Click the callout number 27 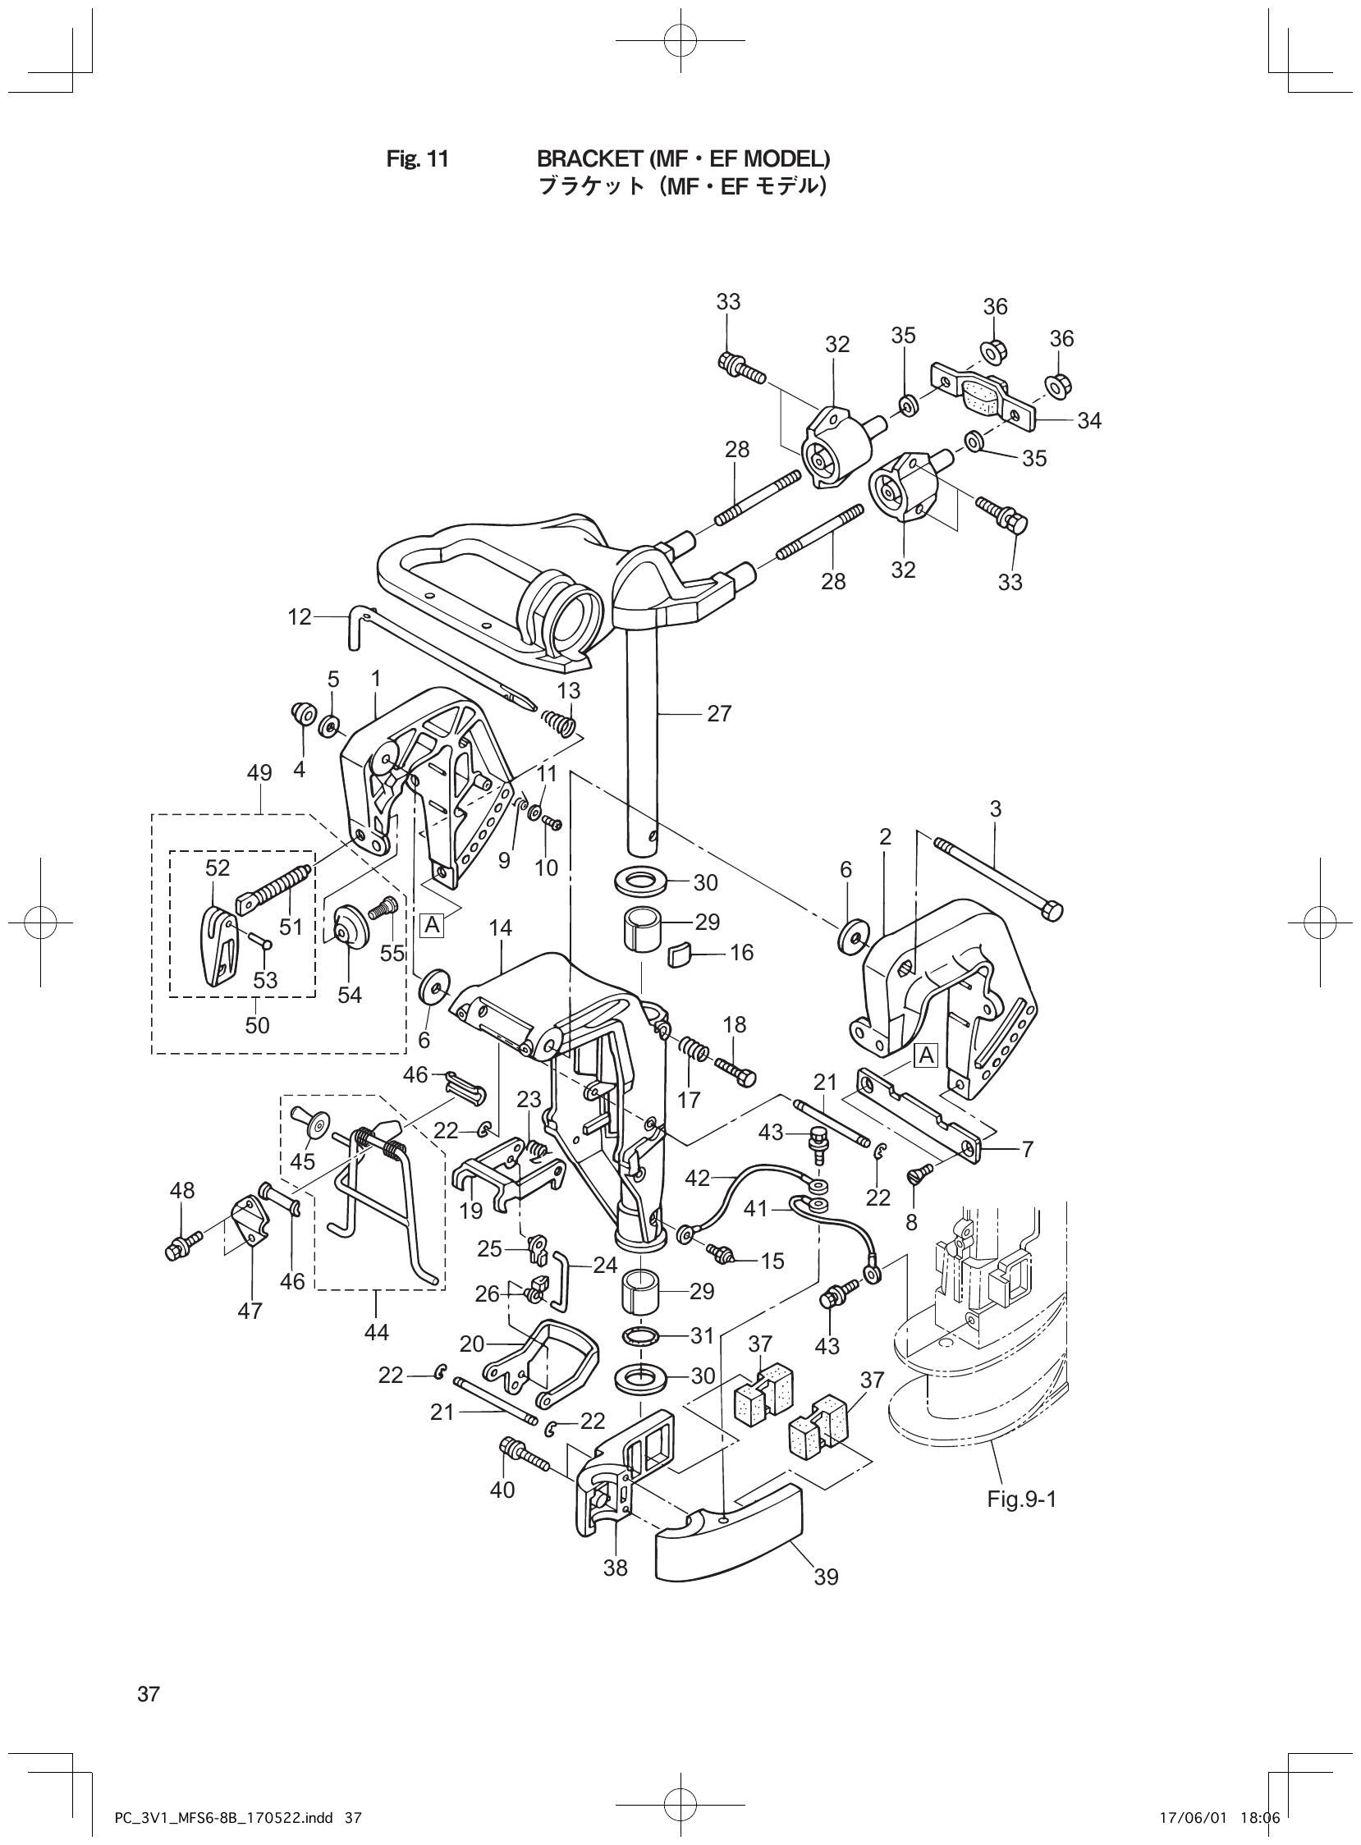coord(718,714)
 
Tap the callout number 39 coord(826,1577)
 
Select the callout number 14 coord(500,928)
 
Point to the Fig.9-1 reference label coord(1022,1498)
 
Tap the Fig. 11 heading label coord(418,158)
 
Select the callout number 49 coord(259,772)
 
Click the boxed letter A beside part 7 coord(927,1055)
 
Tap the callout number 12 coord(300,616)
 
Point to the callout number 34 coord(1088,421)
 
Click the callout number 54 coord(350,995)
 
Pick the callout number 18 coord(734,1024)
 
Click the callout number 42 coord(697,1179)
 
